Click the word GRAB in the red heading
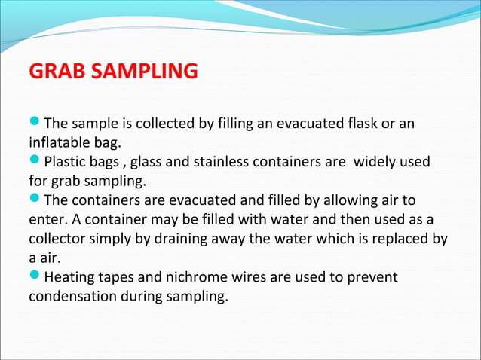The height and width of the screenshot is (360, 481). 54,72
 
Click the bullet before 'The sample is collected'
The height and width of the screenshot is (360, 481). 35,122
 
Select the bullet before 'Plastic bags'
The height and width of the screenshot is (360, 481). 35,161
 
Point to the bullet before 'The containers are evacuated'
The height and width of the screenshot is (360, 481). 35,200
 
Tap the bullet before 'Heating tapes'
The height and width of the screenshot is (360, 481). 35,278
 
